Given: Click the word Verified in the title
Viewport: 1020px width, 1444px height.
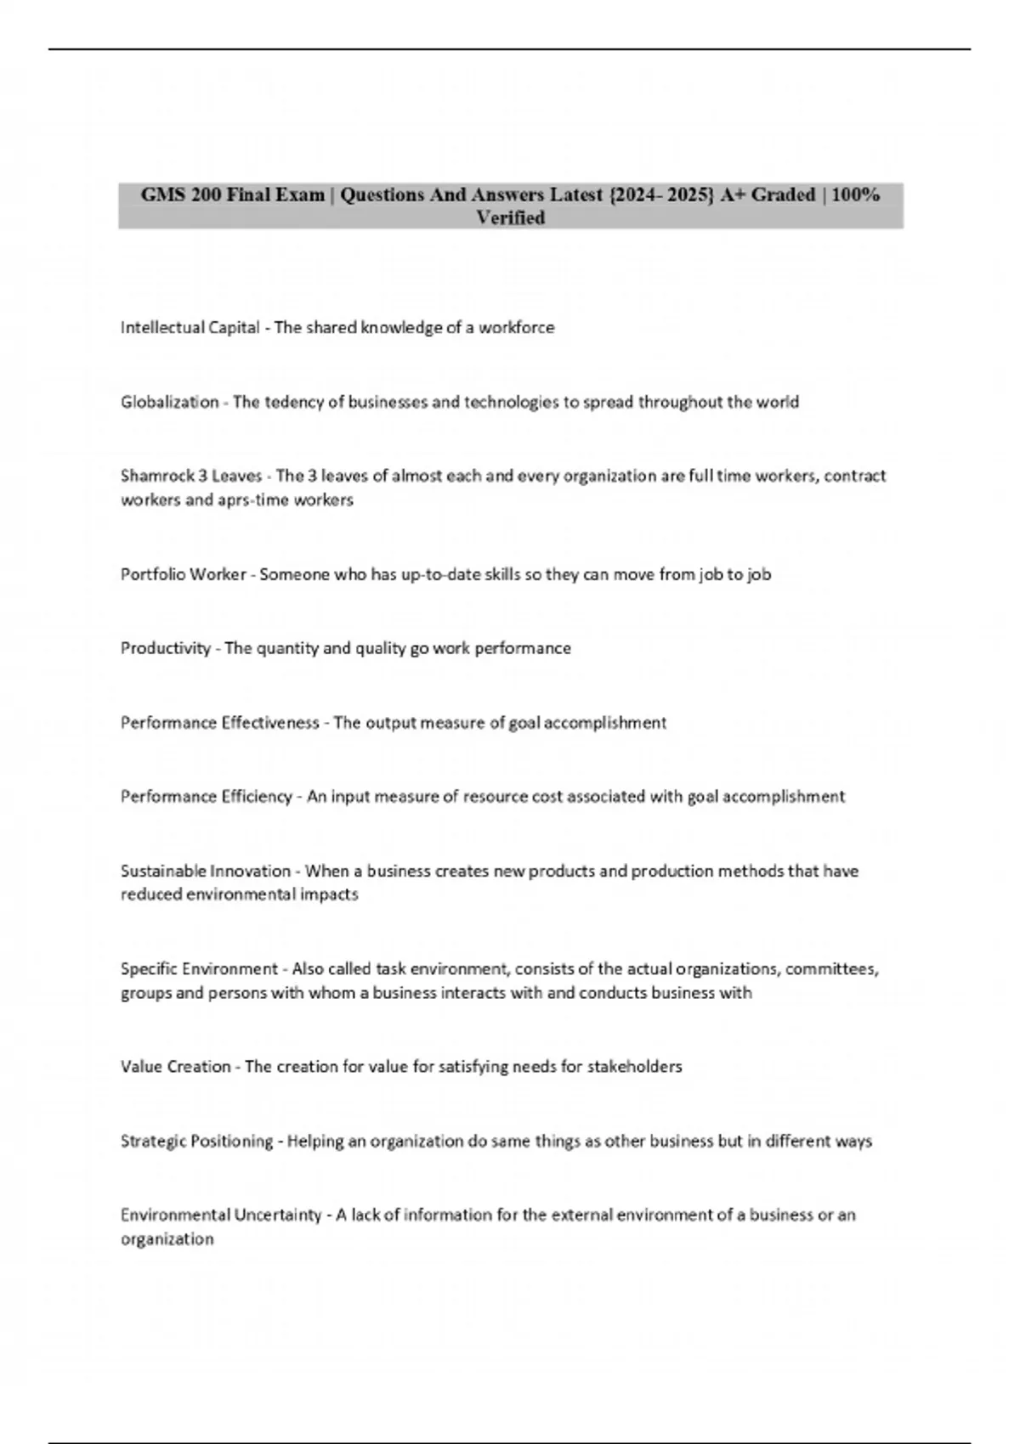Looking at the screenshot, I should pyautogui.click(x=510, y=218).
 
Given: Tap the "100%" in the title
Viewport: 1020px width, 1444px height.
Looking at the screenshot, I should pyautogui.click(x=855, y=195).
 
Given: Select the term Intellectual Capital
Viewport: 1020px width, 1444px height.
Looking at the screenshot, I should pyautogui.click(x=190, y=328).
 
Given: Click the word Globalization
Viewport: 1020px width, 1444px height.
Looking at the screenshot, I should pyautogui.click(x=169, y=402).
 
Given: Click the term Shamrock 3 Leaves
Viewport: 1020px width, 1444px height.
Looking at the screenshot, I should pyautogui.click(x=191, y=476).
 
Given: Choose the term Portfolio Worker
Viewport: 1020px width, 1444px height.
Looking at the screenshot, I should pyautogui.click(x=183, y=574).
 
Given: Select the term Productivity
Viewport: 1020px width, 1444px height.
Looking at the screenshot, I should pyautogui.click(x=166, y=648).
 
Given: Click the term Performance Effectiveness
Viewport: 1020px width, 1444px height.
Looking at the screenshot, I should pyautogui.click(x=219, y=723).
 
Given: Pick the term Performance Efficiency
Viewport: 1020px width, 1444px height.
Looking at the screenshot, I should pyautogui.click(x=206, y=797).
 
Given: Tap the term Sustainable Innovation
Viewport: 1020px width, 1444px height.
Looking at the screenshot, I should pyautogui.click(x=206, y=871).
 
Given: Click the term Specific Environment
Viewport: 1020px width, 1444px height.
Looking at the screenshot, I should pyautogui.click(x=199, y=969).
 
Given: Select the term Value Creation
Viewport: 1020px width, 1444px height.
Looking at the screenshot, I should pyautogui.click(x=175, y=1067).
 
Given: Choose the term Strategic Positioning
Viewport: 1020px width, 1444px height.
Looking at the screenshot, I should pyautogui.click(x=196, y=1141).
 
